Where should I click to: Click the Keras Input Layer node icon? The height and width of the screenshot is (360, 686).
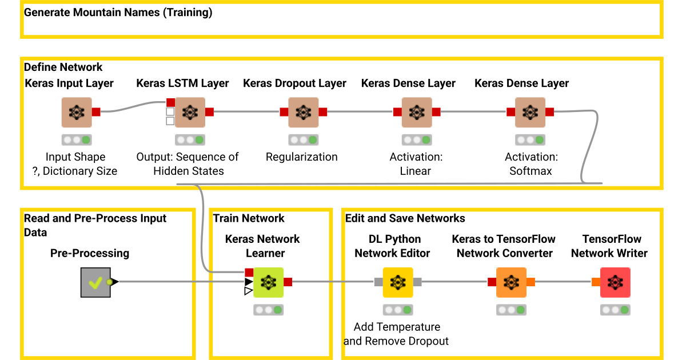coord(77,113)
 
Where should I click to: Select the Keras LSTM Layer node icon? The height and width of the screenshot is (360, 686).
coord(190,113)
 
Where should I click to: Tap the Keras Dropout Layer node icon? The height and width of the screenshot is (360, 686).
coord(303,113)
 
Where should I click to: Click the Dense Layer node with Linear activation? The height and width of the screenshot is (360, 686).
coord(417,113)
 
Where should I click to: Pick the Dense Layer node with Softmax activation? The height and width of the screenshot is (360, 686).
coord(530,113)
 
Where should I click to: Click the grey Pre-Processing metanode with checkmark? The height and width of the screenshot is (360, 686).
coord(95,282)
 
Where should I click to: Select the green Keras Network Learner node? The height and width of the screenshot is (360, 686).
coord(268,282)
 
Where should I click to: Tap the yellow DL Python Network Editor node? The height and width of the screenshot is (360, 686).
coord(398,282)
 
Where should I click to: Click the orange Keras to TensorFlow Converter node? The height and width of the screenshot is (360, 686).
coord(511,282)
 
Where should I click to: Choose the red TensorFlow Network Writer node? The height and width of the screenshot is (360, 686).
coord(615,282)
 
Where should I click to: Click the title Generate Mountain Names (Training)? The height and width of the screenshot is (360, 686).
coord(118,13)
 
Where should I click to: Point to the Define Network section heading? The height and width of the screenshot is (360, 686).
coord(63,67)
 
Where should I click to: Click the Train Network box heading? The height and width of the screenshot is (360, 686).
coord(249,218)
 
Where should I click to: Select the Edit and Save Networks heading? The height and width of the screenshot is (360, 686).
coord(405,218)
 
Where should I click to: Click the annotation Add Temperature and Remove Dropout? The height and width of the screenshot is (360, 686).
coord(396,334)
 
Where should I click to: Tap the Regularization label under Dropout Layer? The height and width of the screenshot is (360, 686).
coord(302,157)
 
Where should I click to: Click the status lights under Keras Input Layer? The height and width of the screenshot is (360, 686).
coord(77,140)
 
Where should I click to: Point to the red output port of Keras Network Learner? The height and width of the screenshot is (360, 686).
coord(288,282)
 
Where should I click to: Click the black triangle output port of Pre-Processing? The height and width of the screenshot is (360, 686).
coord(115,282)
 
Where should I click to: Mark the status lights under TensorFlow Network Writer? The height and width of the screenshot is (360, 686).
coord(615,310)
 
